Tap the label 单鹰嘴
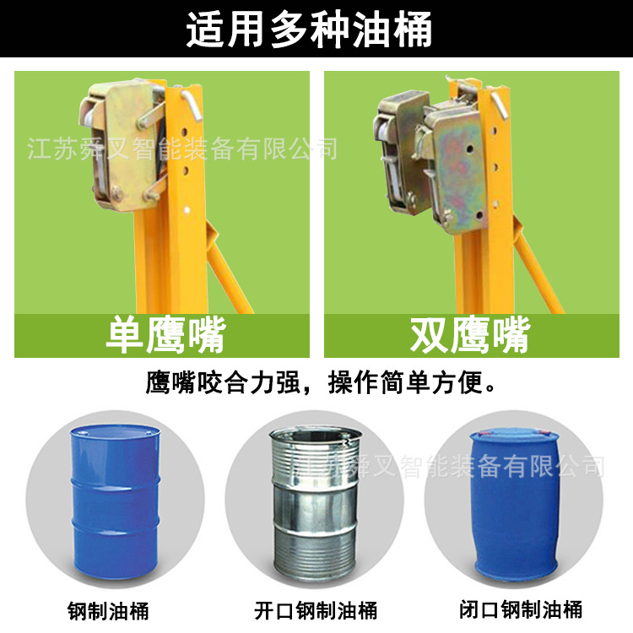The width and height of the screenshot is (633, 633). click(165, 336)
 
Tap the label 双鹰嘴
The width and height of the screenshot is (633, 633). click(470, 336)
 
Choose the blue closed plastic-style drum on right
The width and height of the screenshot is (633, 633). click(515, 502)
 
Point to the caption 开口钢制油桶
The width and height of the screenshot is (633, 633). click(316, 609)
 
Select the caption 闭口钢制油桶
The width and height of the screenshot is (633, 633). click(521, 609)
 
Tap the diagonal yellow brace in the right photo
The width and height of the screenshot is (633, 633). click(540, 270)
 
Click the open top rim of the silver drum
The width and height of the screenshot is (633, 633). click(313, 437)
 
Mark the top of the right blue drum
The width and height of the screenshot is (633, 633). click(515, 436)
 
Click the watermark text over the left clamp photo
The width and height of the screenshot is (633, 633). click(182, 150)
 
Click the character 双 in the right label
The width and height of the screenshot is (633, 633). click(430, 336)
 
